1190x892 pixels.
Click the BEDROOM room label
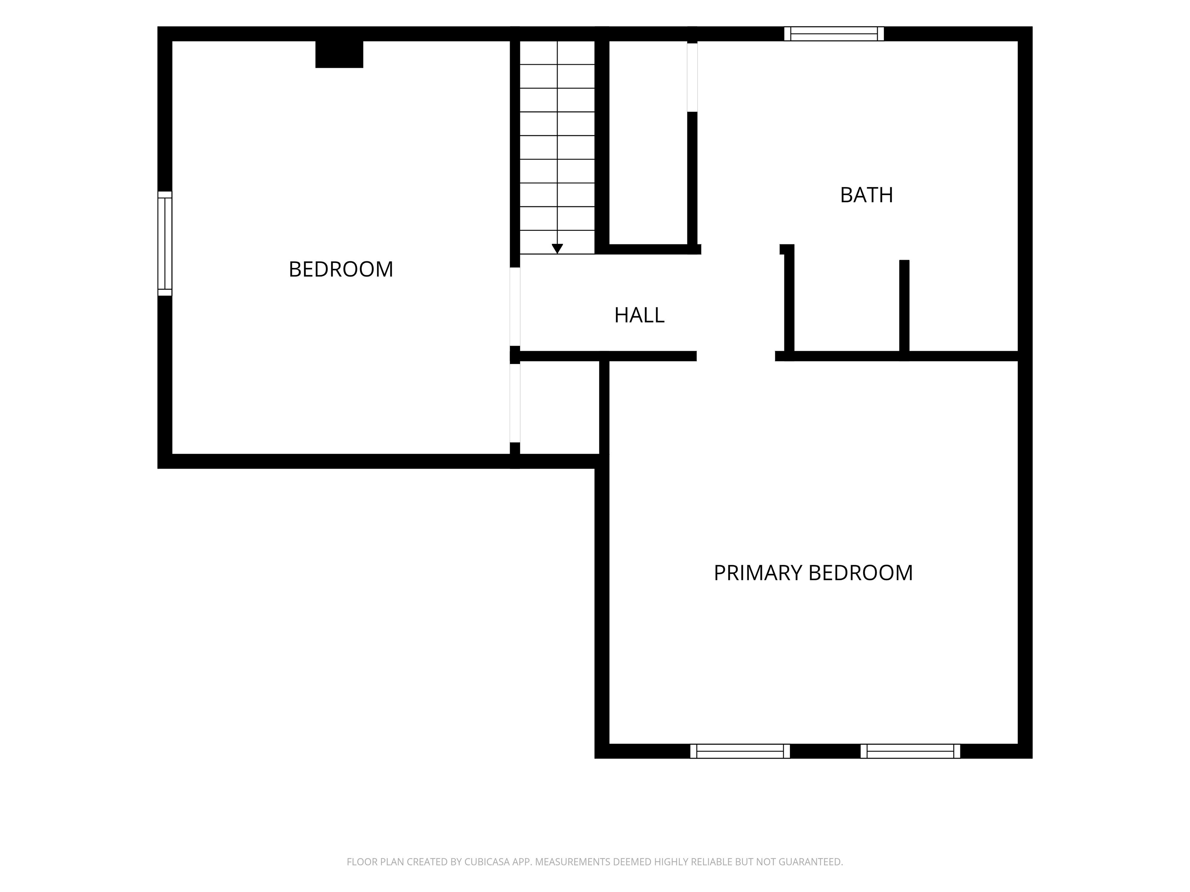click(x=340, y=269)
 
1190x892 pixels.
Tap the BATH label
click(x=866, y=195)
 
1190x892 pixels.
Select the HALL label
click(x=639, y=315)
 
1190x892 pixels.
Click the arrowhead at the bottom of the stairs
click(x=557, y=249)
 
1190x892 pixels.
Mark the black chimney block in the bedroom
click(x=339, y=54)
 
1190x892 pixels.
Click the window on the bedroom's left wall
click(x=165, y=244)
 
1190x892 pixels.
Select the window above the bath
click(x=834, y=33)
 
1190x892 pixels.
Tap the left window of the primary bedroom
click(x=740, y=751)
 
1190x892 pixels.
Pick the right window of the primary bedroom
click(x=910, y=751)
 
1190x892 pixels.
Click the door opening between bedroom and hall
click(x=515, y=307)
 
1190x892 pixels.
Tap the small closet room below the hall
click(x=559, y=408)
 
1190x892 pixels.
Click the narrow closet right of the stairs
click(x=648, y=142)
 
